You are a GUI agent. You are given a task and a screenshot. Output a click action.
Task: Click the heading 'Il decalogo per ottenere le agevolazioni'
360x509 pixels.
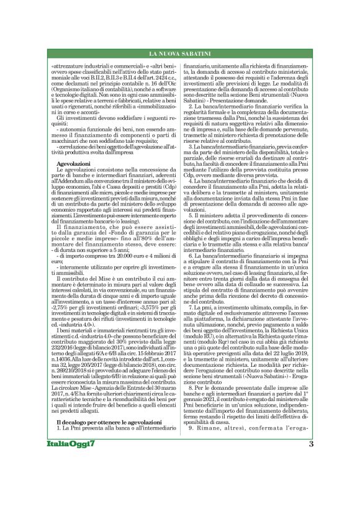106,422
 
